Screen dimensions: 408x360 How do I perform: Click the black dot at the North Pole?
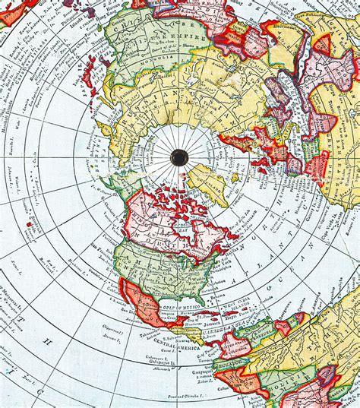coord(179,157)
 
